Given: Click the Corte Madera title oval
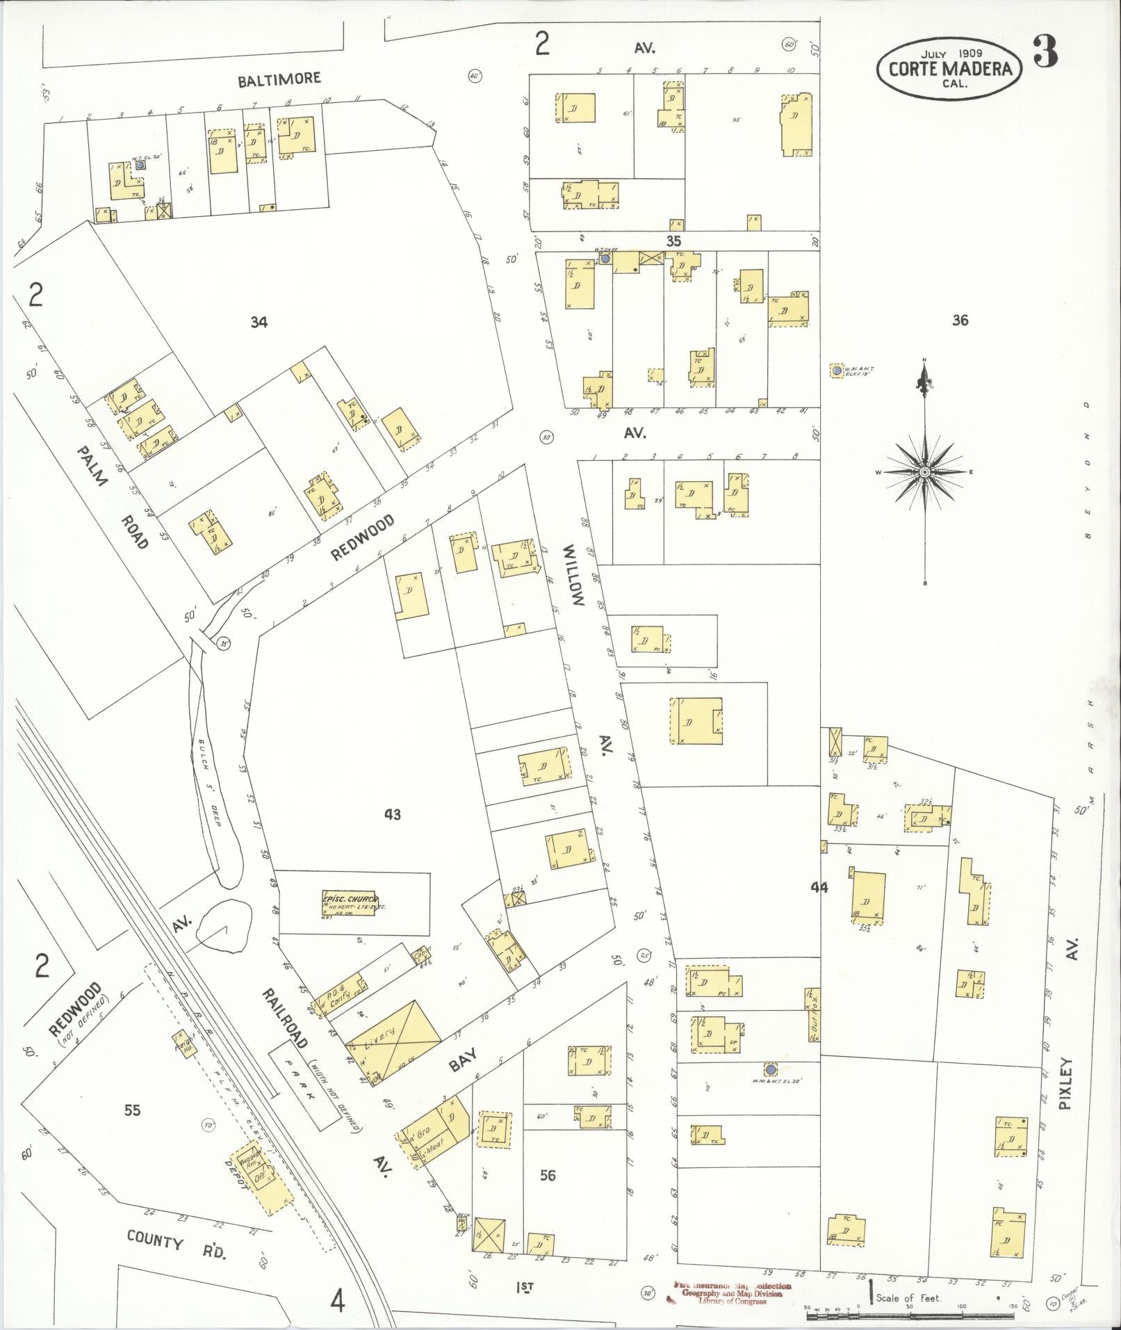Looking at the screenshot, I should (949, 67).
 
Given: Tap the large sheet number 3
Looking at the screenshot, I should (1045, 51).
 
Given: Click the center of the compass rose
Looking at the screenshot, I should (924, 472).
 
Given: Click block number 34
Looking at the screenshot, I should (259, 322).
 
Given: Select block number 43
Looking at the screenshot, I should (393, 814).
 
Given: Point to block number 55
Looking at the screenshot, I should (132, 1110).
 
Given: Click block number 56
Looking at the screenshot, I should (548, 1175).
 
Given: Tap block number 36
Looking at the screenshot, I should (960, 321).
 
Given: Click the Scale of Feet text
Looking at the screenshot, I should (908, 1298).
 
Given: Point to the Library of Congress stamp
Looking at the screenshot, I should (728, 1293).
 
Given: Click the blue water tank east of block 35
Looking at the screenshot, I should (837, 371).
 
